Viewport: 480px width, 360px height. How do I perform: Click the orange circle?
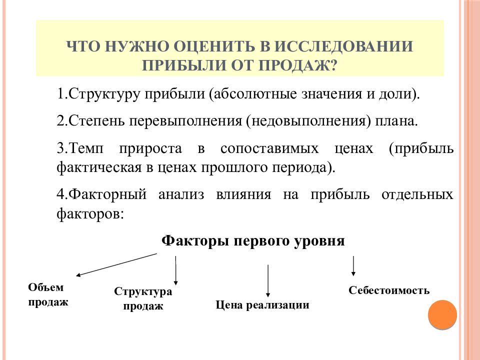point(442,314)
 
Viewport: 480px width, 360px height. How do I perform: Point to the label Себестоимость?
point(389,290)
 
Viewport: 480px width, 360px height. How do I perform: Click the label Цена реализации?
point(262,305)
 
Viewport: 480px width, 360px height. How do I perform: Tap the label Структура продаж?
point(143,298)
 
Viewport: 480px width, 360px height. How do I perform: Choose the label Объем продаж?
point(48,294)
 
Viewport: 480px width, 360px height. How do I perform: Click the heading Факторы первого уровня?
point(253,240)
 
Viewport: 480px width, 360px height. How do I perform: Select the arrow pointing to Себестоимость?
point(353,266)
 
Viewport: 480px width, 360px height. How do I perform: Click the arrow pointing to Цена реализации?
point(268,281)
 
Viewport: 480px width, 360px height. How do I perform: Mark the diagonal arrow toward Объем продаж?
point(116,264)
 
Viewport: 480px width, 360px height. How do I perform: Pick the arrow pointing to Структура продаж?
point(175,270)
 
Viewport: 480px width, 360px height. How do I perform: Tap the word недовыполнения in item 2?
point(309,121)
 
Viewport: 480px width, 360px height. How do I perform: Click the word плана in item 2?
point(396,121)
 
